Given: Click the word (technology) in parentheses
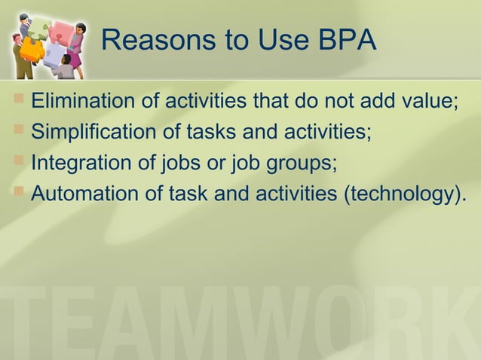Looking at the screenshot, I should pyautogui.click(x=397, y=194).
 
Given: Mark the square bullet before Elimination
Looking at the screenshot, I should pyautogui.click(x=19, y=100).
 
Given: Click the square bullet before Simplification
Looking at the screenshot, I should pyautogui.click(x=19, y=131).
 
